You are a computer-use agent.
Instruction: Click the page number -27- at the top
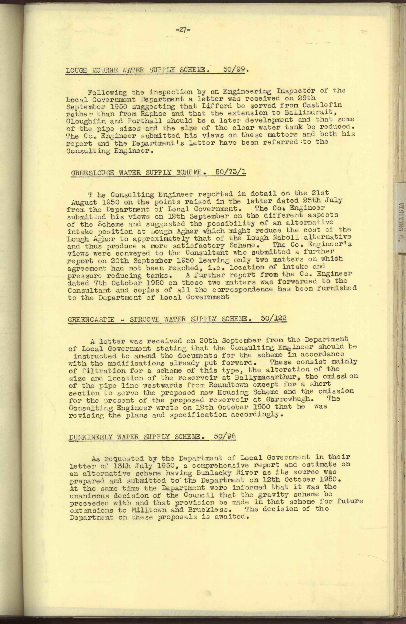point(183,30)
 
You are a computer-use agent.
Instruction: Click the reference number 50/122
point(274,318)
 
